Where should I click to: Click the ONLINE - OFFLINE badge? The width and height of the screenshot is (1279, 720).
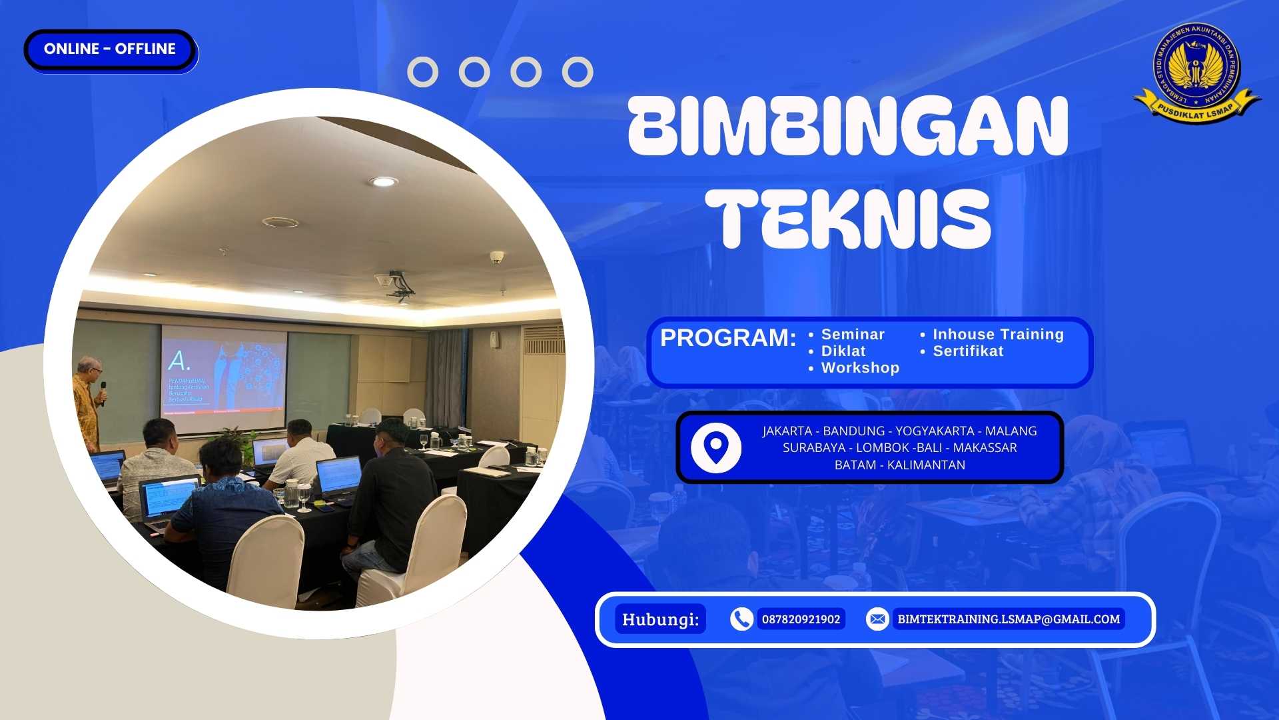click(x=110, y=49)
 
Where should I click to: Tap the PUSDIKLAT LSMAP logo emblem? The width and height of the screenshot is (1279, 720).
click(x=1196, y=72)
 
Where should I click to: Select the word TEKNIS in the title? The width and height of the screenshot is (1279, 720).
click(x=848, y=218)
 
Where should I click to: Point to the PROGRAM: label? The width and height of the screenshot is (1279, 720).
click(x=727, y=338)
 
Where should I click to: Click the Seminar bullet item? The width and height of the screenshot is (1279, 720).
click(x=852, y=334)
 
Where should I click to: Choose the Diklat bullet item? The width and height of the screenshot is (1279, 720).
click(x=843, y=351)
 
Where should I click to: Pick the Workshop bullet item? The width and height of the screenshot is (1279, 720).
click(x=859, y=367)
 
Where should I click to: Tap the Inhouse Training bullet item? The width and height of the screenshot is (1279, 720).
click(x=998, y=334)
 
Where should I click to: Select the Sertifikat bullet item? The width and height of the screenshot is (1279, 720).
click(x=967, y=351)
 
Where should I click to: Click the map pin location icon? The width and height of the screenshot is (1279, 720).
click(x=716, y=447)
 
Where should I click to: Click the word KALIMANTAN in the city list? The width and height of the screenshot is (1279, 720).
click(x=926, y=465)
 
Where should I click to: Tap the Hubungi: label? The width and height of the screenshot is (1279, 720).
click(x=660, y=619)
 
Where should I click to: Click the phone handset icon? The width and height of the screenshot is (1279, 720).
click(x=741, y=619)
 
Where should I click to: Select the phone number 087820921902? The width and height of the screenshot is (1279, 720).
click(x=801, y=619)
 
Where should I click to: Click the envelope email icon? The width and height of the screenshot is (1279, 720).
click(x=877, y=619)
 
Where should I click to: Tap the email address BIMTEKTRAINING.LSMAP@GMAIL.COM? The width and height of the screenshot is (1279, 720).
click(x=1009, y=619)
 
